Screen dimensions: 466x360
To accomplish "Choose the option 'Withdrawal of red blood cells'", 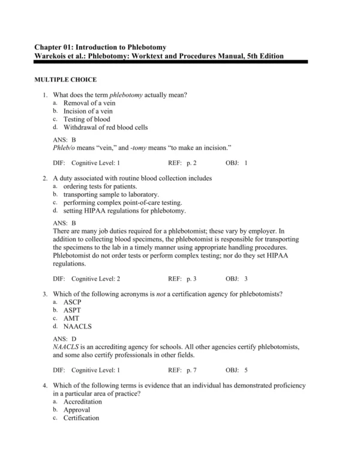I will pos(105,127).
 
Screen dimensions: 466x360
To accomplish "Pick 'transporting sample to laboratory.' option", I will pos(111,195).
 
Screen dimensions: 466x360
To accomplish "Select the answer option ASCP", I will pos(73,301).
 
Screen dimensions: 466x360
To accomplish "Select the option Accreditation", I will pos(83,401).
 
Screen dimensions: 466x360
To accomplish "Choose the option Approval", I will pos(77,410).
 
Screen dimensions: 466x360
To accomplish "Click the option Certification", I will pos(81,418).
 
